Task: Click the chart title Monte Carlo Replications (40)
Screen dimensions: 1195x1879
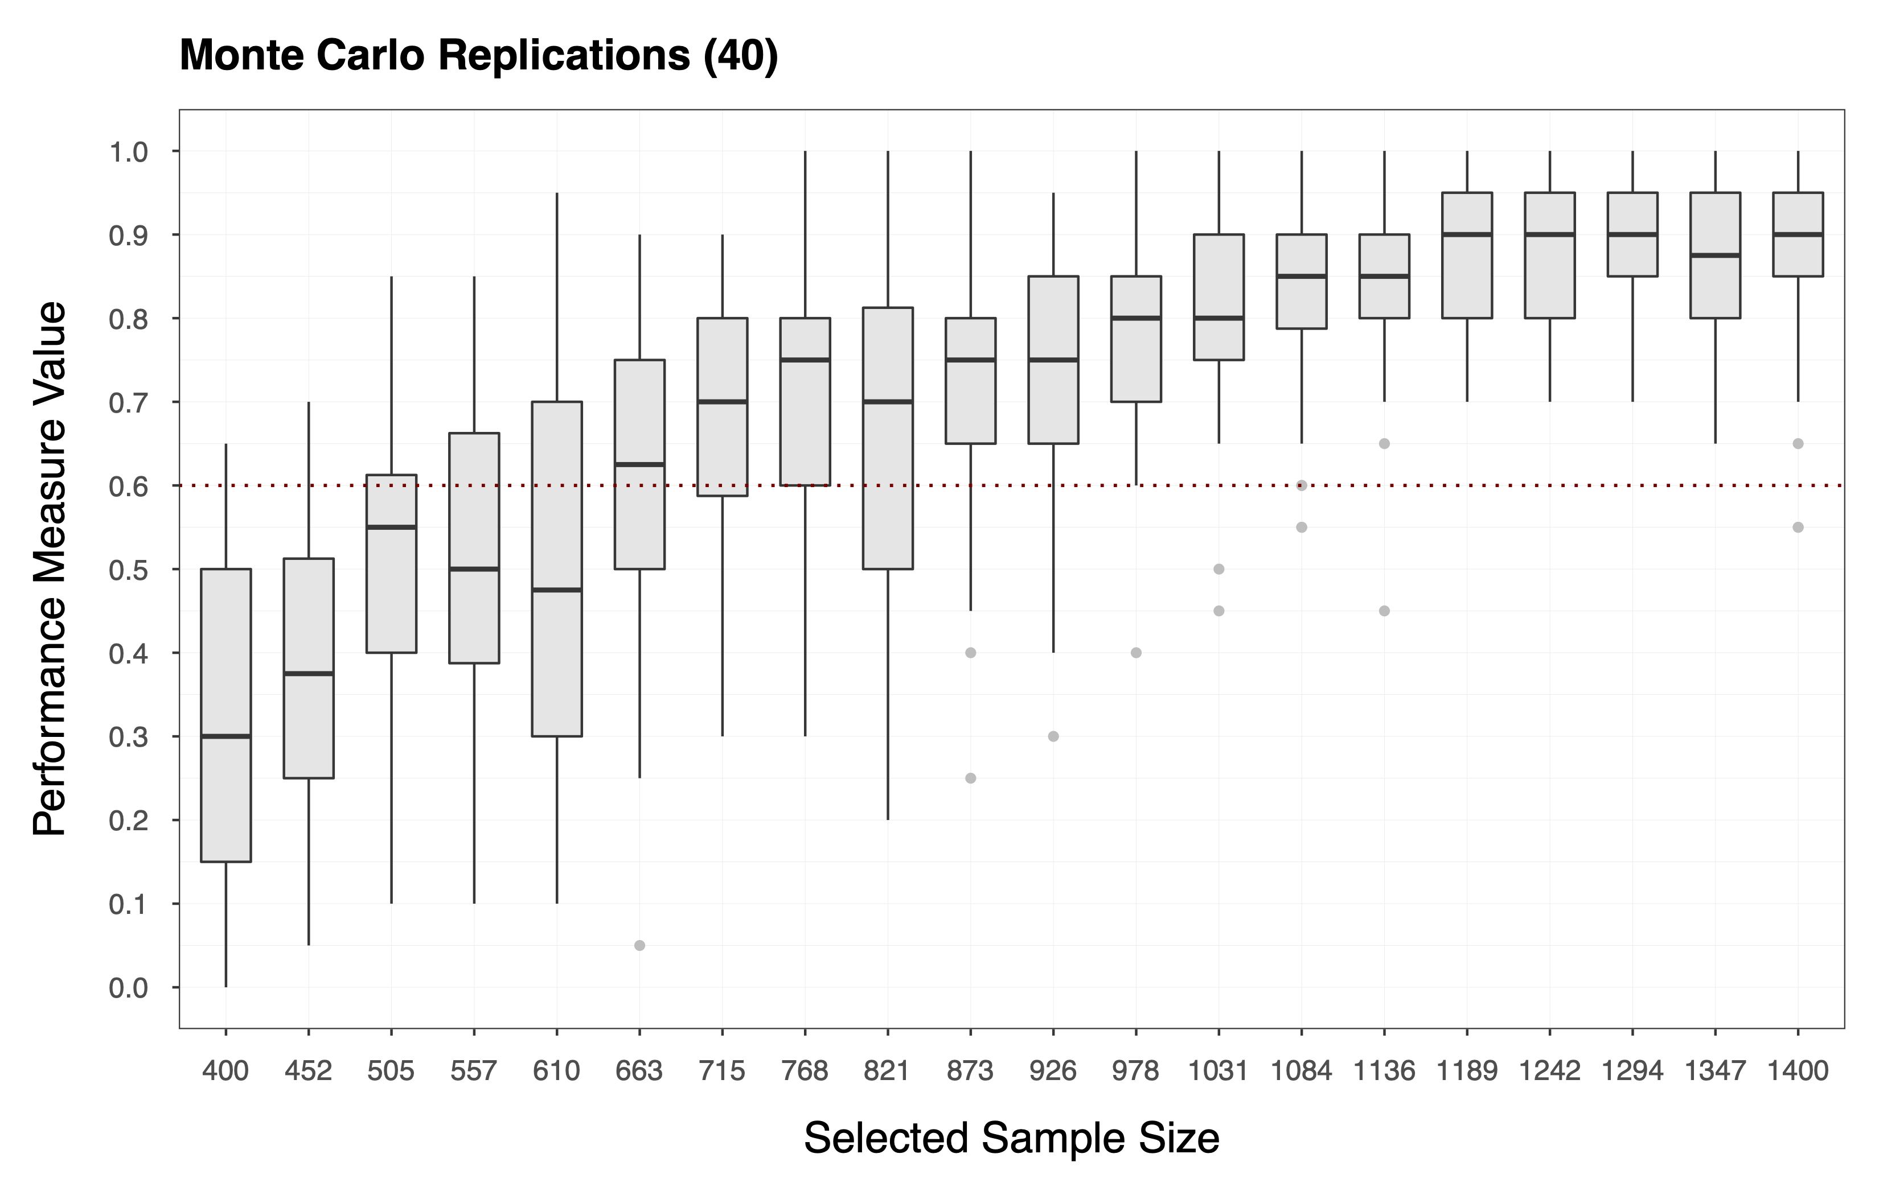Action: tap(478, 55)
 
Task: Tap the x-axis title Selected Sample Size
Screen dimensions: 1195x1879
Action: tap(1011, 1138)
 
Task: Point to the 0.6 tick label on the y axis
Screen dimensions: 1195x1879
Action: tap(128, 486)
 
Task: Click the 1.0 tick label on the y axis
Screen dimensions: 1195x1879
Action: tap(128, 151)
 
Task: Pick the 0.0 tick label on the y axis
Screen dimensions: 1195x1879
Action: tap(128, 988)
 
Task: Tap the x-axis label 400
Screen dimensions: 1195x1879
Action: tap(225, 1071)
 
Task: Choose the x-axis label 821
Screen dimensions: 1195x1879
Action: tap(887, 1071)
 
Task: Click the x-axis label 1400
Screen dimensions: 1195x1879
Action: tap(1798, 1071)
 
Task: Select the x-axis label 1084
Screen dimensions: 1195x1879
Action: tap(1301, 1071)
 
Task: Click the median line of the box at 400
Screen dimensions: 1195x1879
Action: tap(225, 736)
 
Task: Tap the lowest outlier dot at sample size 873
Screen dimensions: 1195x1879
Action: tap(971, 778)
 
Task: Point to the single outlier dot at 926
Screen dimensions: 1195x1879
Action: tap(1053, 736)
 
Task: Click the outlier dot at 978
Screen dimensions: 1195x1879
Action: tap(1136, 653)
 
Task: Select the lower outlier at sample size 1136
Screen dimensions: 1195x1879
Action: tap(1384, 611)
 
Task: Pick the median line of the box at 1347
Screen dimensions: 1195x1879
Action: tap(1715, 255)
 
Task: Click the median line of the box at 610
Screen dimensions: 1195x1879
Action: tap(556, 590)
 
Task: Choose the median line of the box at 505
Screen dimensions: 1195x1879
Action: tap(391, 528)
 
